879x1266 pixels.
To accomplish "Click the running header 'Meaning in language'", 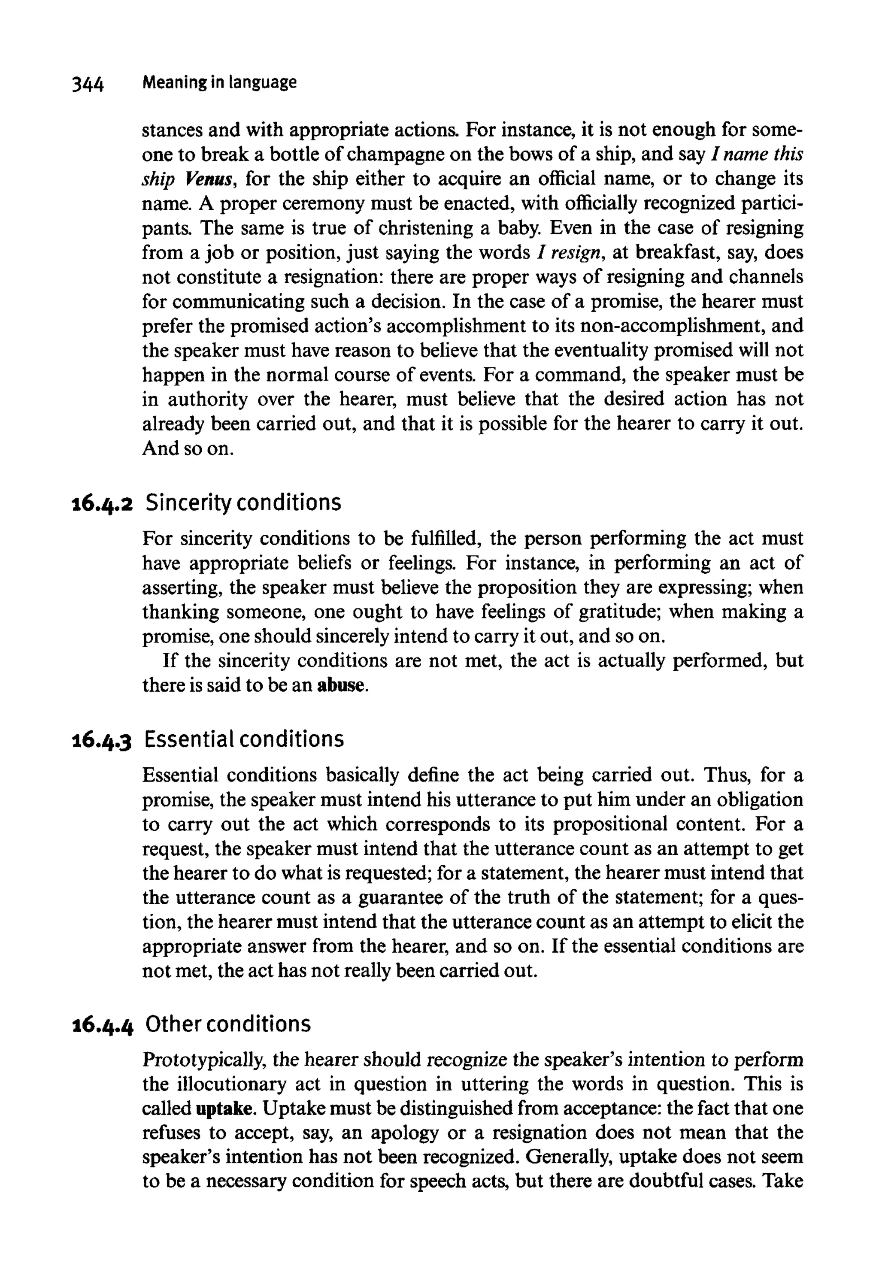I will pos(219,82).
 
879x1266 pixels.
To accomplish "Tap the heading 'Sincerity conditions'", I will pos(243,503).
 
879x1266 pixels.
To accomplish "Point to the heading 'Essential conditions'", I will pos(244,739).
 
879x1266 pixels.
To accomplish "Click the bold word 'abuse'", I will pos(342,686).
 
